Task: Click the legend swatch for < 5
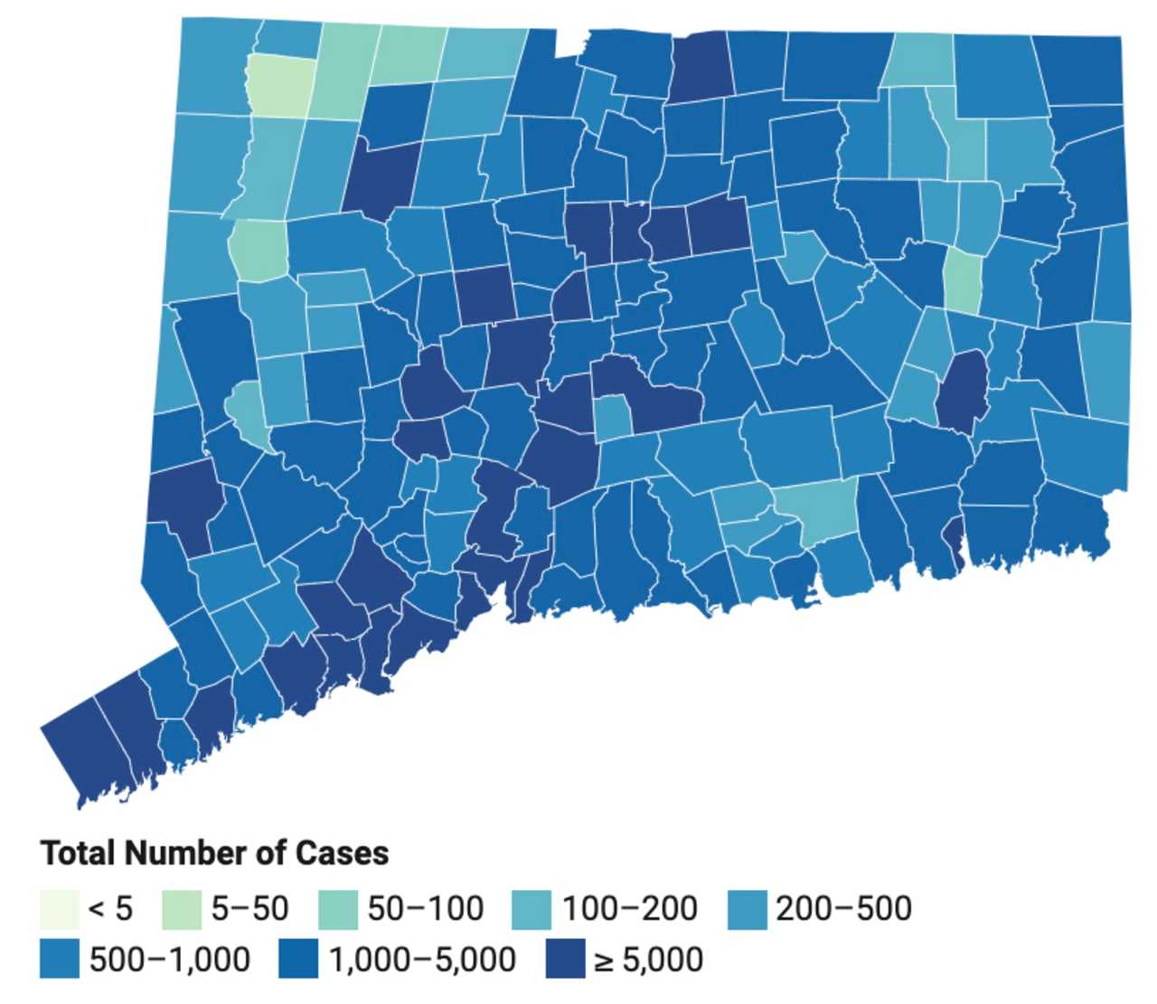[59, 909]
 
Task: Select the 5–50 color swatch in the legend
[181, 909]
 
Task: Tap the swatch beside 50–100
[337, 909]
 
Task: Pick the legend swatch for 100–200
[531, 909]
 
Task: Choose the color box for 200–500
[747, 909]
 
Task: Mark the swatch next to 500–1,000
[59, 960]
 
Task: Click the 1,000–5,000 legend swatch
[298, 960]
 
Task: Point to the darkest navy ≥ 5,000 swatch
[565, 960]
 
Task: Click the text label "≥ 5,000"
[648, 960]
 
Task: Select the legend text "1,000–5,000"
[422, 960]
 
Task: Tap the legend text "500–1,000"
[169, 960]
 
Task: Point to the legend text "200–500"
[843, 909]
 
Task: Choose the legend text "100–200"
[629, 909]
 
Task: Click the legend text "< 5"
[109, 909]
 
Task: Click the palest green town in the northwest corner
[281, 86]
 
